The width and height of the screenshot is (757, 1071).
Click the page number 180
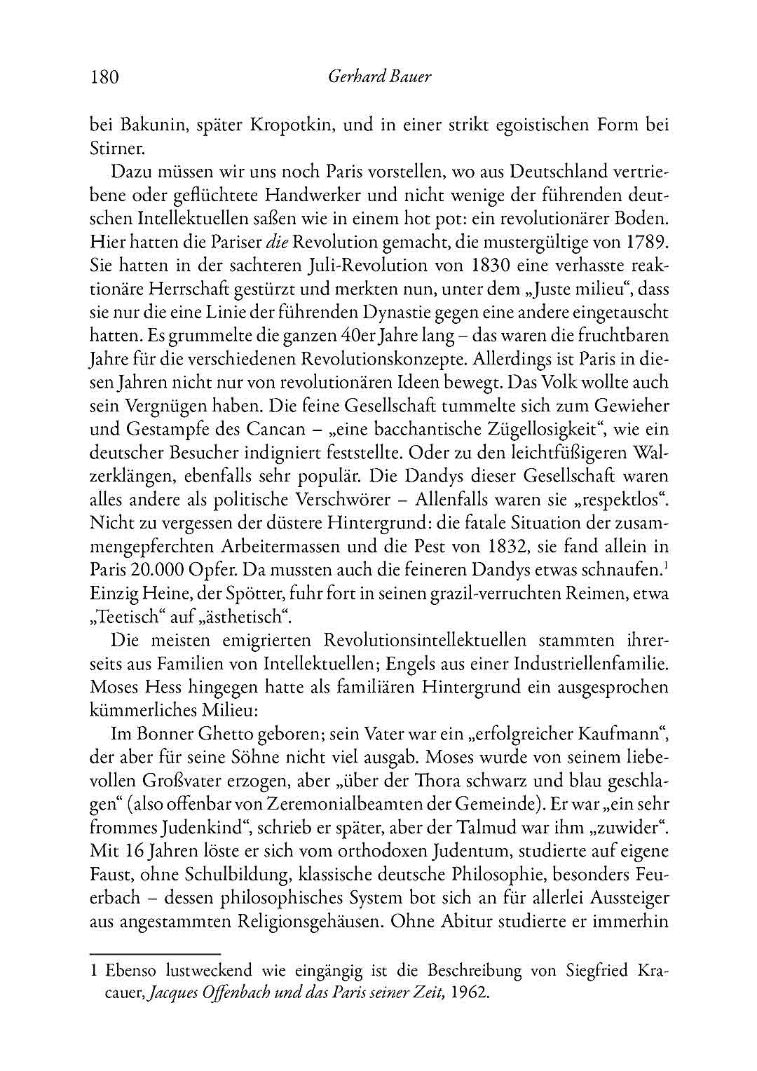pyautogui.click(x=105, y=76)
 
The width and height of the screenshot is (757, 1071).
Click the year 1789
pyautogui.click(x=644, y=242)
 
